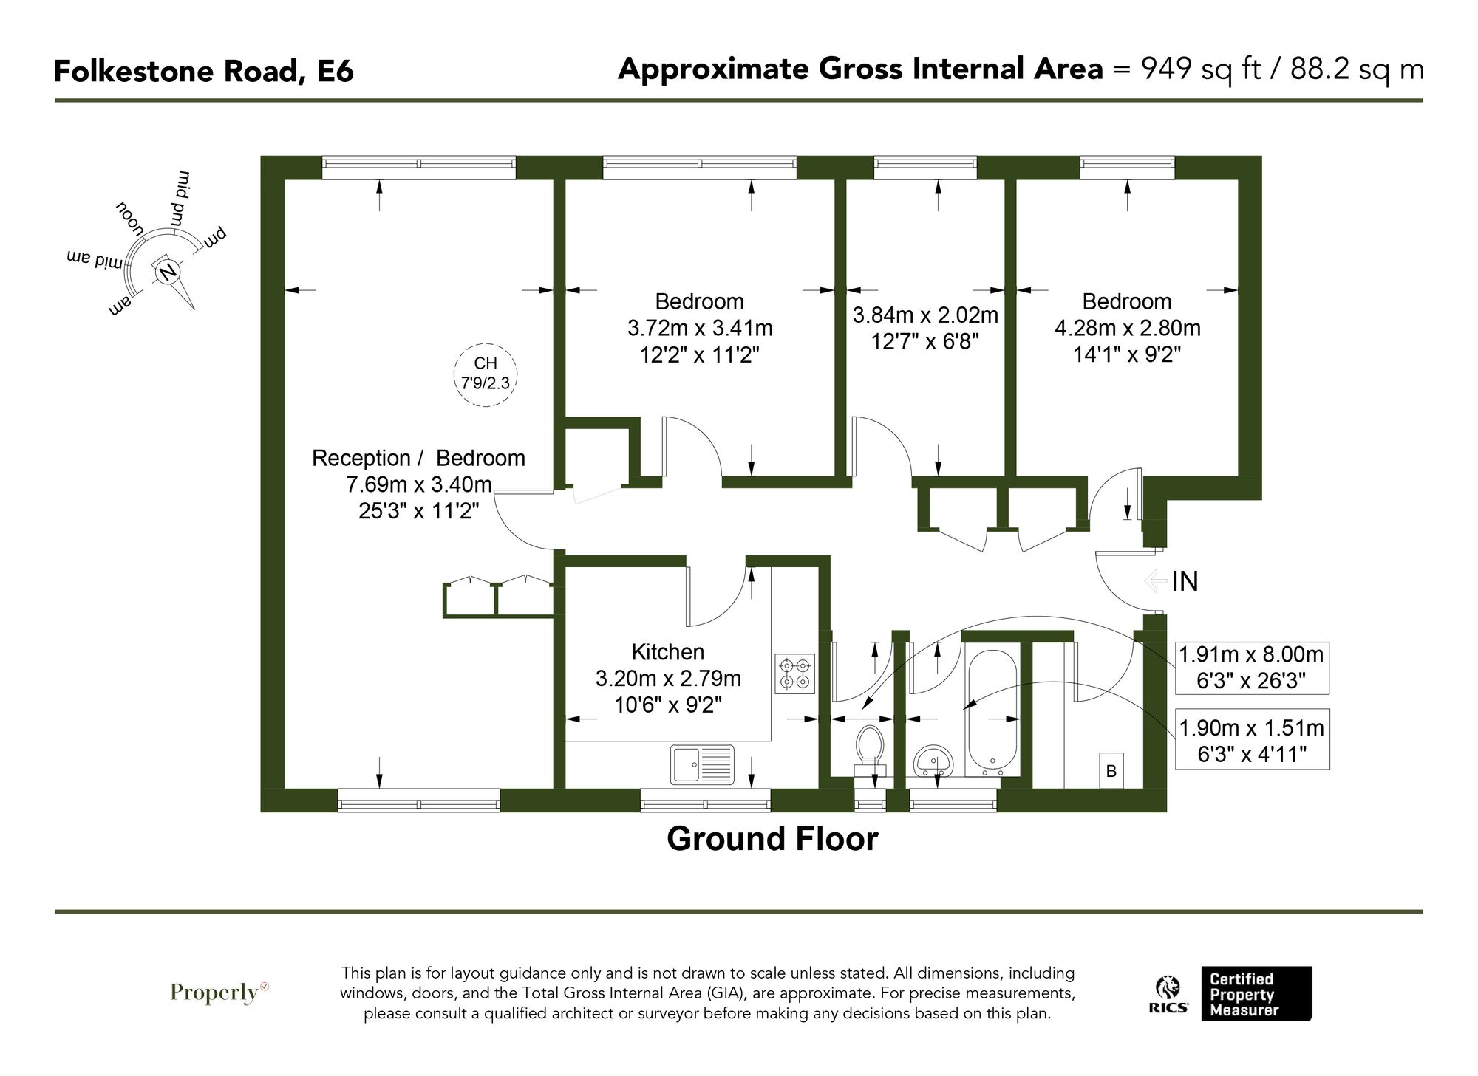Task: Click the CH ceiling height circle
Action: pyautogui.click(x=486, y=374)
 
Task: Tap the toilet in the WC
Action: pyautogui.click(x=870, y=746)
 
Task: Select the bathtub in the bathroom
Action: pyautogui.click(x=992, y=709)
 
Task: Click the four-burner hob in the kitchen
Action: pyautogui.click(x=794, y=673)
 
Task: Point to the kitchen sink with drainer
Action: pyautogui.click(x=702, y=764)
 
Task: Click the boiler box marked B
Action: pyautogui.click(x=1111, y=771)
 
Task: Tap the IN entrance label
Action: pyautogui.click(x=1185, y=582)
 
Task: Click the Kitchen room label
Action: pyautogui.click(x=667, y=652)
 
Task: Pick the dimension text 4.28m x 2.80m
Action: pyautogui.click(x=1127, y=328)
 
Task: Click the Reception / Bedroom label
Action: pyautogui.click(x=418, y=459)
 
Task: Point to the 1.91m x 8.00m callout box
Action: pyautogui.click(x=1251, y=668)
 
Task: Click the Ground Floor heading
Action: pyautogui.click(x=772, y=840)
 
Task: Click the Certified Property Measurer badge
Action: pyautogui.click(x=1255, y=994)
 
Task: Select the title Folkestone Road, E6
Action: pyautogui.click(x=204, y=72)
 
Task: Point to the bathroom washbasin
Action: pyautogui.click(x=933, y=761)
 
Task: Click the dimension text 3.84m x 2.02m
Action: pyautogui.click(x=925, y=315)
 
